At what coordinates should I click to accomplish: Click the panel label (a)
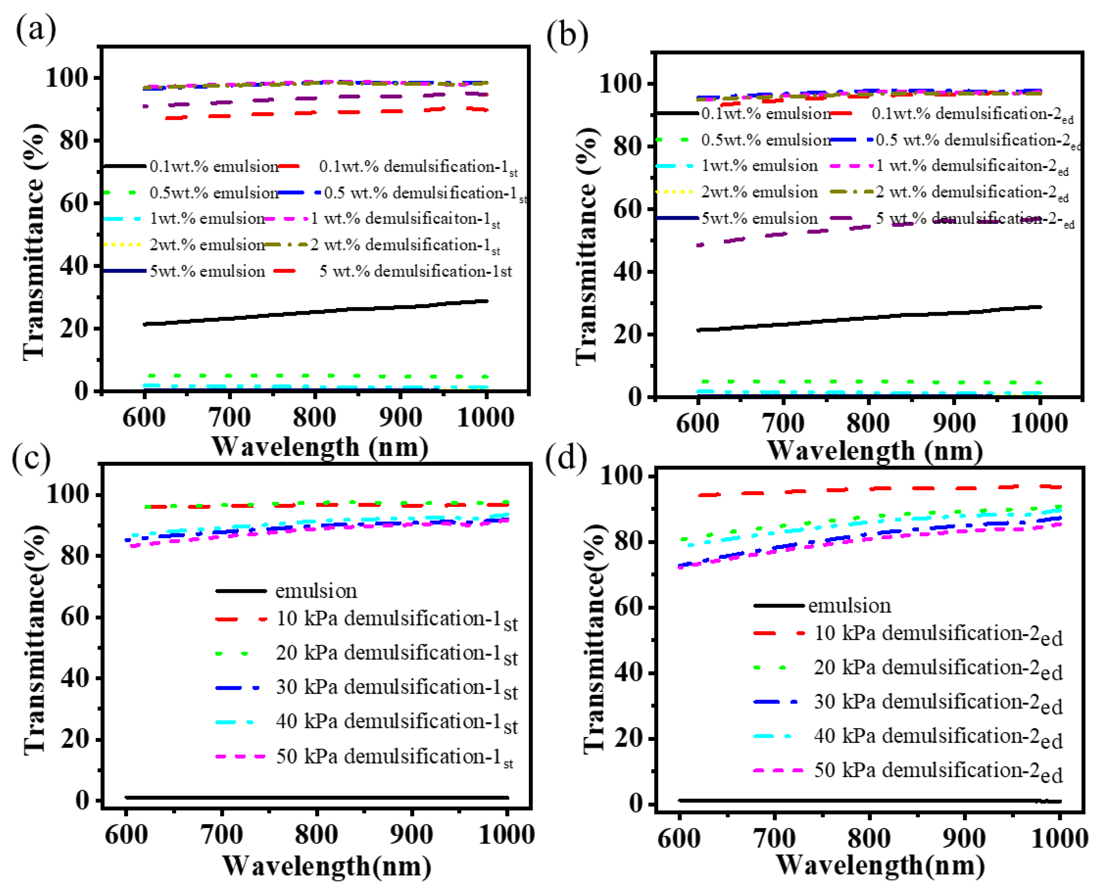pos(36,30)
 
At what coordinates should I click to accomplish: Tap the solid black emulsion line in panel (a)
pos(315,312)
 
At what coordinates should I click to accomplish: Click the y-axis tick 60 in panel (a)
pos(74,204)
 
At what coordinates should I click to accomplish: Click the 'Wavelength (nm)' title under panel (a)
pos(320,447)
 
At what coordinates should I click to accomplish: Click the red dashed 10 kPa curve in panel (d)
pos(871,489)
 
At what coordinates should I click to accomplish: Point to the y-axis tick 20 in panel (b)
pos(626,335)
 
